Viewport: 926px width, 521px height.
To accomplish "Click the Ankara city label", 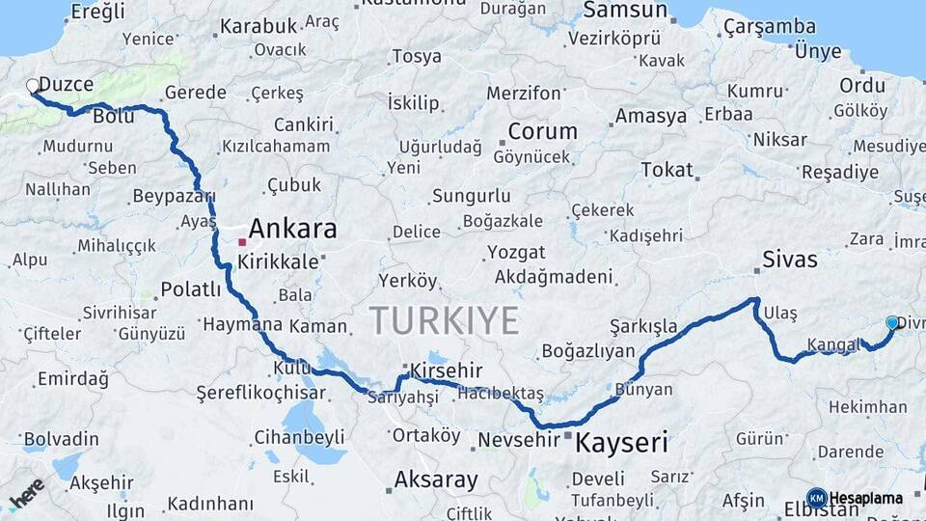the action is (293, 229).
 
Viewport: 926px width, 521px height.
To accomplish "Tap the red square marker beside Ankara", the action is (242, 241).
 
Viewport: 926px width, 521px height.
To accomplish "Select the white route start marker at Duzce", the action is (33, 86).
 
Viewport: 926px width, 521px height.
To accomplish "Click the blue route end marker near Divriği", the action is (892, 323).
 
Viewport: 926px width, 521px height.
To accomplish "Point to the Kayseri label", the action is (622, 443).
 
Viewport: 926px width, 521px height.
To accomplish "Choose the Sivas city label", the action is (789, 259).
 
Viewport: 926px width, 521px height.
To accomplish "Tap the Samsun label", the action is (625, 11).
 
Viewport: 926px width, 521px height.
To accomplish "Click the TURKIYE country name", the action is (444, 319).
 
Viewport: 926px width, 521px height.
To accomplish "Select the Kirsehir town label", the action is (446, 371).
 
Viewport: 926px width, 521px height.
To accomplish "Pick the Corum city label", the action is (542, 132).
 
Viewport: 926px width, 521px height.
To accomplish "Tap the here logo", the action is (27, 493).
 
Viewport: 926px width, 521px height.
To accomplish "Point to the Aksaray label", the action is (436, 480).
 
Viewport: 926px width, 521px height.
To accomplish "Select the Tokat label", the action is (667, 170).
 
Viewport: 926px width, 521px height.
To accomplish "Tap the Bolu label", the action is (114, 116).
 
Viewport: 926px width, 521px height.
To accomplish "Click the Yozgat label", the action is (516, 253).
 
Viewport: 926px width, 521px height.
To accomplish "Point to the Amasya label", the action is (651, 116).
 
